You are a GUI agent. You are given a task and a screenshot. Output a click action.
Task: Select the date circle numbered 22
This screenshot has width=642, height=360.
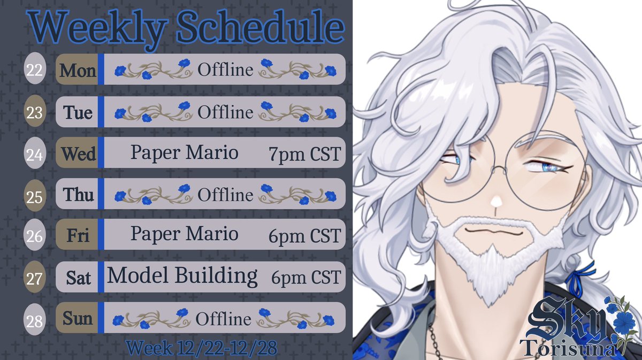coord(35,71)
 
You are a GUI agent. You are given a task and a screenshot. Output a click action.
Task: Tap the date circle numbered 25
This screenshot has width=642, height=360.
coord(35,196)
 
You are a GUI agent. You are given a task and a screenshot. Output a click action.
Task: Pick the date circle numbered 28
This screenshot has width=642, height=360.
coord(35,321)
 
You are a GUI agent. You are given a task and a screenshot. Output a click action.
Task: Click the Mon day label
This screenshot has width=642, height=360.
coord(78,70)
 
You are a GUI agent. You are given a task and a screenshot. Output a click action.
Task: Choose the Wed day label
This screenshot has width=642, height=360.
coord(78,154)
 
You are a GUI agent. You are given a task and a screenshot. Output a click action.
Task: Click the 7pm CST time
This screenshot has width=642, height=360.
coord(304,155)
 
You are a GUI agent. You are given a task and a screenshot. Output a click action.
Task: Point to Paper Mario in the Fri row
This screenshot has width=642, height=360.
coord(184,234)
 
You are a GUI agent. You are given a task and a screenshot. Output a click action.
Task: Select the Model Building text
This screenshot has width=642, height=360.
coord(182,277)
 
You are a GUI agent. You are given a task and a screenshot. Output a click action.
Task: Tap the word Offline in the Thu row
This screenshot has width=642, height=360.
coord(225,195)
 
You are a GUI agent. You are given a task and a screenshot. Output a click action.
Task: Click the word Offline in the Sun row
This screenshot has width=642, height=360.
coord(223,319)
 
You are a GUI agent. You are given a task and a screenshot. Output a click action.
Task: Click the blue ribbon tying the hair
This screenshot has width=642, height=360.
coord(585,269)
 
